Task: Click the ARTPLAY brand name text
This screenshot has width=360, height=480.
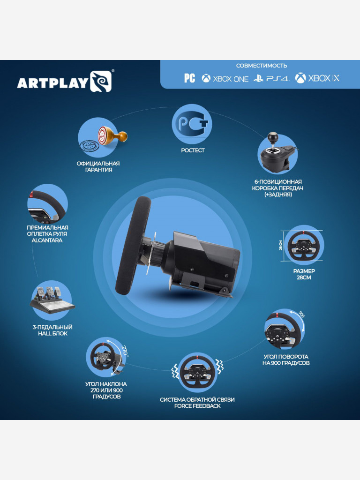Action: coord(52,82)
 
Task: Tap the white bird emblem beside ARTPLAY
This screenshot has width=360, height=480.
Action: coord(101,81)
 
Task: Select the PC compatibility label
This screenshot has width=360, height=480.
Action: coord(189,78)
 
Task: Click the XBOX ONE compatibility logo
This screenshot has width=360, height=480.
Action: coord(225,78)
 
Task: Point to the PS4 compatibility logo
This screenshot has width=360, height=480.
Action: coord(271,78)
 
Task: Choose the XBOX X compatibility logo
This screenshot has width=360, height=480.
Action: coord(317,78)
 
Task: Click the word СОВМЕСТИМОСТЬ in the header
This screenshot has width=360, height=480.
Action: coord(262,66)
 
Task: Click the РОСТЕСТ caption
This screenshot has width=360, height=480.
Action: coord(193,150)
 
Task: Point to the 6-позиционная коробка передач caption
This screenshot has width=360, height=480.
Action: coord(277,187)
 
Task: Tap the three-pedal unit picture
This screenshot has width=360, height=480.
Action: coord(52,301)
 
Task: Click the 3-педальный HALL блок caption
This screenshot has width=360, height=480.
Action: coord(52,330)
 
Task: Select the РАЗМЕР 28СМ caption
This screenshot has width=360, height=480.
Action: coord(304,274)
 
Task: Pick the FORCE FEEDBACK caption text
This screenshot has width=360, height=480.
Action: coord(197,406)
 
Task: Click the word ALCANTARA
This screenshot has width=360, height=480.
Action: coord(48,240)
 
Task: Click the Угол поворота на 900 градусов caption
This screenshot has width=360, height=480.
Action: coord(286,360)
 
